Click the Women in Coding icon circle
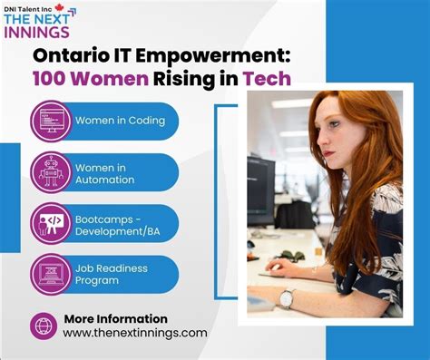tap(51, 121)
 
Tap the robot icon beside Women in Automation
tap(51, 172)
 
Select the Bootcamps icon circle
tap(51, 223)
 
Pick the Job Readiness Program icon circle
tap(51, 274)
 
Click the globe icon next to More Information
tap(44, 325)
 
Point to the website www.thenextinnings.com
tap(134, 333)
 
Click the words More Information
tap(115, 318)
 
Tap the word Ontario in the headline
tap(72, 54)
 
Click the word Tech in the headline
tap(270, 79)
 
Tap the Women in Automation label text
tap(105, 172)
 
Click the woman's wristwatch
tap(287, 298)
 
